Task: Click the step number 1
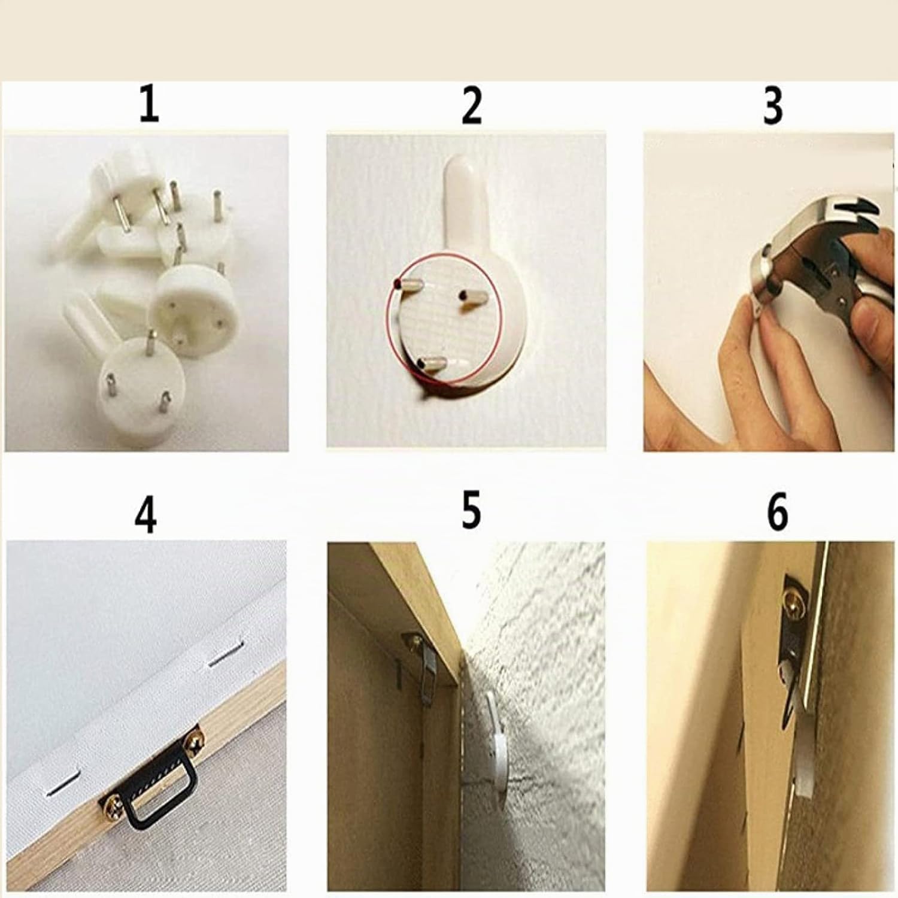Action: (x=149, y=104)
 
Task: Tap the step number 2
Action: (x=472, y=105)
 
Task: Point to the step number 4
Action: (x=145, y=514)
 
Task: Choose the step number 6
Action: (x=777, y=512)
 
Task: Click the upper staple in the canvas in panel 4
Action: (x=226, y=657)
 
